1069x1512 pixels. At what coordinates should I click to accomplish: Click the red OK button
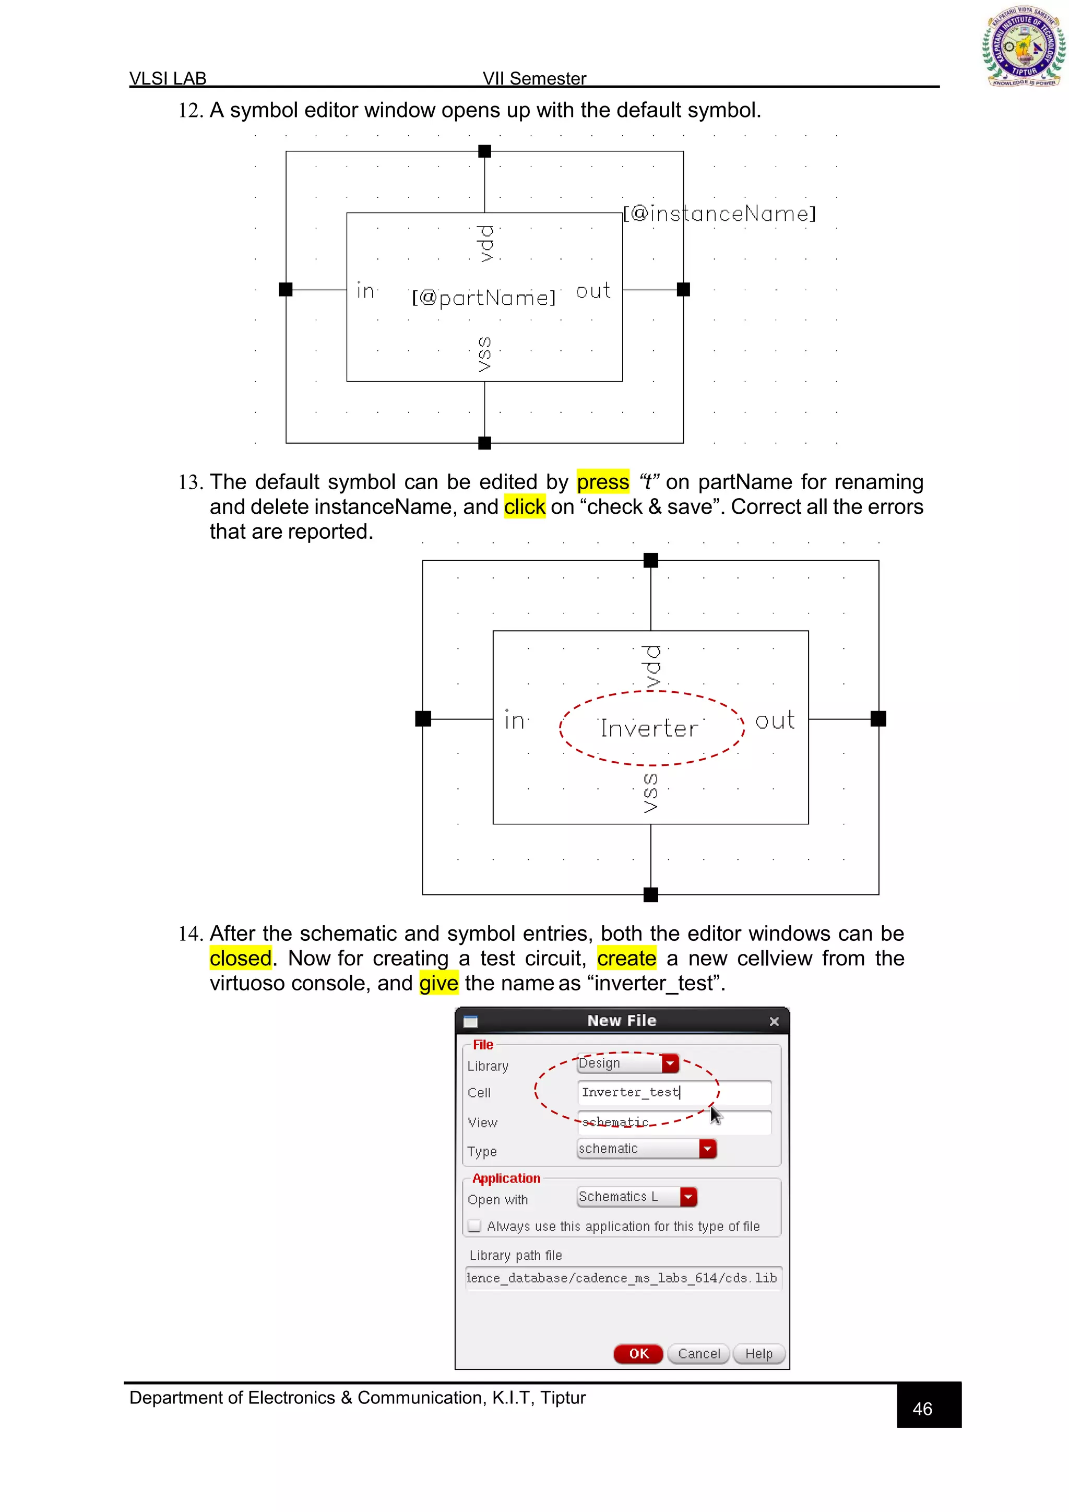tap(638, 1353)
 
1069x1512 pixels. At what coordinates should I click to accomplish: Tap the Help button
tap(758, 1353)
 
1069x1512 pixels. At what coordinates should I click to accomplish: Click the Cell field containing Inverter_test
tap(673, 1093)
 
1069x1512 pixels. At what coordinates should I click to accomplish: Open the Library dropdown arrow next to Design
tap(670, 1063)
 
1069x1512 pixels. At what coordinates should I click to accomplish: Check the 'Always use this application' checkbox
tap(474, 1226)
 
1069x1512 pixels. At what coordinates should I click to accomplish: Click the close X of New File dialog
tap(774, 1021)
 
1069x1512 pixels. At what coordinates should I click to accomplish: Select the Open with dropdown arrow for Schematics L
tap(688, 1197)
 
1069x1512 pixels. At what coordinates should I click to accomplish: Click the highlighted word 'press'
tap(602, 482)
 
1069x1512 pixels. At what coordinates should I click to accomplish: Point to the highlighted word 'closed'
tap(240, 958)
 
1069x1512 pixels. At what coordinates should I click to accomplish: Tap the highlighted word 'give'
tap(438, 983)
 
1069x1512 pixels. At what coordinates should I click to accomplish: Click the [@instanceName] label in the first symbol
tap(719, 214)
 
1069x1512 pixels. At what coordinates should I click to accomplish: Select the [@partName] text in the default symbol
tap(484, 298)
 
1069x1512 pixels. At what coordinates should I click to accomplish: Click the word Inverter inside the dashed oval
tap(649, 728)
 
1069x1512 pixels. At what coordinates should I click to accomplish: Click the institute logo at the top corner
tap(1023, 46)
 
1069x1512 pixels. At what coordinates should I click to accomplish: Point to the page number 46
tap(922, 1409)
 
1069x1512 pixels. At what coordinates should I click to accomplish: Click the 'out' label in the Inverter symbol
tap(775, 720)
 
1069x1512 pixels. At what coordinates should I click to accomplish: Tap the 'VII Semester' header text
tap(534, 78)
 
